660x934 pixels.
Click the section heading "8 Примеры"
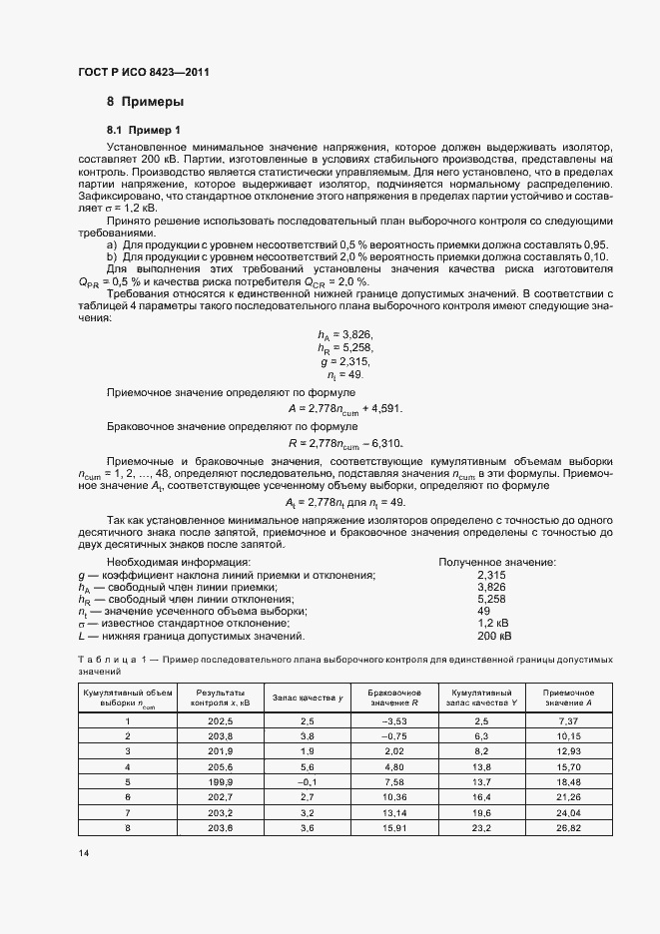[x=145, y=102]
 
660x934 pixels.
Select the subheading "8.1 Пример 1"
[x=144, y=131]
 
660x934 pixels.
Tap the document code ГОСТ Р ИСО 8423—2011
[x=143, y=73]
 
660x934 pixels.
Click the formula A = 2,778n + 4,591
[x=344, y=407]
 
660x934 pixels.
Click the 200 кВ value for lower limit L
[x=494, y=636]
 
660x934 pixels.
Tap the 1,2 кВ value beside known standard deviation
[x=494, y=624]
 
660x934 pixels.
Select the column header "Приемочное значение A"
[x=568, y=697]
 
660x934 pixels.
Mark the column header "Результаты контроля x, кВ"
[x=220, y=697]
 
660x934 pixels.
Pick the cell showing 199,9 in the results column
[x=220, y=781]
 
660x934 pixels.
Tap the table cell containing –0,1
[x=308, y=781]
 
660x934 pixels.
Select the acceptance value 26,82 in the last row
[x=568, y=827]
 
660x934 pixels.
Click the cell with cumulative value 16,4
[x=482, y=796]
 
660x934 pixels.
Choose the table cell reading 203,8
[x=220, y=735]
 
